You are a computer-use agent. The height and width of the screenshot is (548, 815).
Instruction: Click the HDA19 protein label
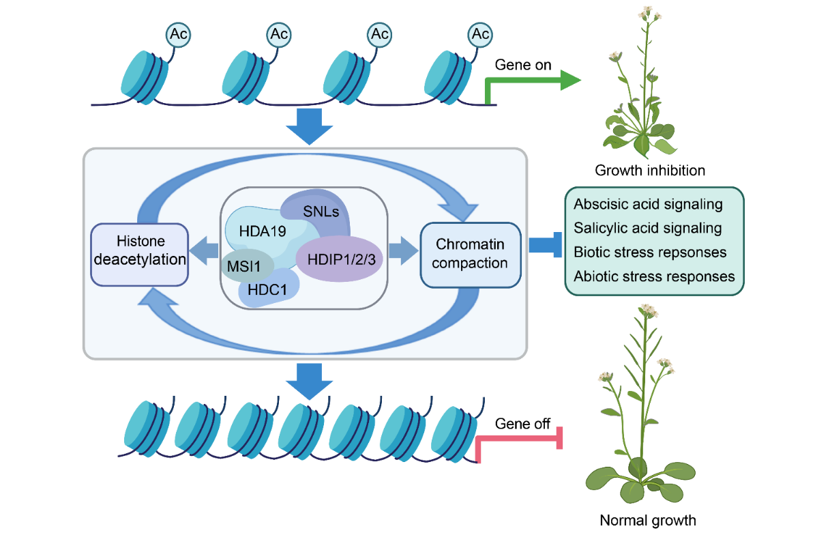263,231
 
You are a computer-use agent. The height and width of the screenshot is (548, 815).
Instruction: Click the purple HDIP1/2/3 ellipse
339,259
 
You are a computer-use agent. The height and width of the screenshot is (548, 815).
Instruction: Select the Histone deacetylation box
140,250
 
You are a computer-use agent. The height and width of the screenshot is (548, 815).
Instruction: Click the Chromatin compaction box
470,253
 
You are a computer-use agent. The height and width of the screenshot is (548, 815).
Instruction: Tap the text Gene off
522,424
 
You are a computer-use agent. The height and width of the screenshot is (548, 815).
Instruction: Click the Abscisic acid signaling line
648,204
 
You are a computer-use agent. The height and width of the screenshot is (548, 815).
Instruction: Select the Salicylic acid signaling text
647,228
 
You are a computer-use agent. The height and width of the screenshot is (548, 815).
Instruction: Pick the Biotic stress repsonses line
650,252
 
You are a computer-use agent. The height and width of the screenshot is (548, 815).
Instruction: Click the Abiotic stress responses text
654,276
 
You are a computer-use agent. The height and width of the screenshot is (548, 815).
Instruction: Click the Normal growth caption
648,520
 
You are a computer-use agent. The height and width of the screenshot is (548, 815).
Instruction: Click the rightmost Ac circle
481,33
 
